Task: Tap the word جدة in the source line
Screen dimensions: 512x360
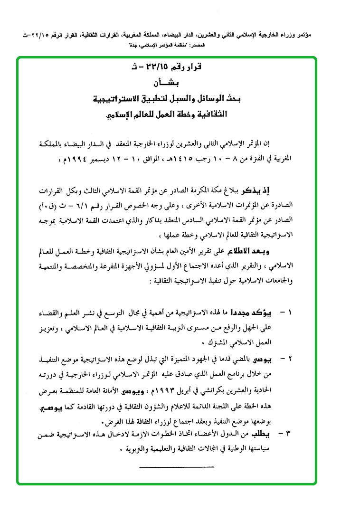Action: [x=133, y=44]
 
